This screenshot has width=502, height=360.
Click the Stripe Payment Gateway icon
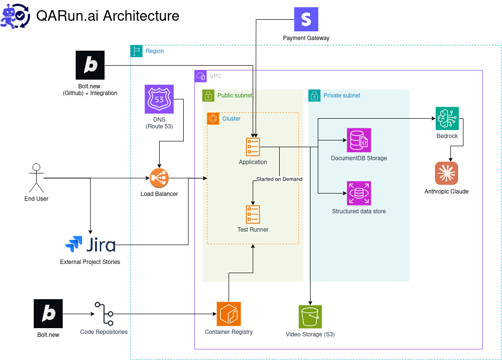coord(306,19)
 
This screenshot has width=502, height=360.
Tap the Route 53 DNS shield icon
coord(159,99)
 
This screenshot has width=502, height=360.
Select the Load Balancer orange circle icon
coord(159,179)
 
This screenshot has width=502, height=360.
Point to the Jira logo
coord(91,245)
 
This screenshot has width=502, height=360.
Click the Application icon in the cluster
coord(253,147)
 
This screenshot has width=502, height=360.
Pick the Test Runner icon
coord(253,214)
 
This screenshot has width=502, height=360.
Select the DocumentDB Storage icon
coord(359,140)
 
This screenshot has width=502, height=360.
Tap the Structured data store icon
coord(359,194)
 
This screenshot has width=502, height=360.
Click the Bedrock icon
coord(447,119)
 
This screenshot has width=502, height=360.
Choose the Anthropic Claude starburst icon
coord(446,174)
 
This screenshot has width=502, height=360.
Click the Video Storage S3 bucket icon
coord(310,317)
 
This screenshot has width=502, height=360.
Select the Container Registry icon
coord(229,314)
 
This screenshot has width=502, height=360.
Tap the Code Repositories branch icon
coord(104,314)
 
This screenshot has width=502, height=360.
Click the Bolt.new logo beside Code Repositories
coord(48,314)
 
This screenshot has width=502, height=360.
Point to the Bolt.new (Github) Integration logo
coord(90,65)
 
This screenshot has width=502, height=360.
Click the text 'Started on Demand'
coord(279,179)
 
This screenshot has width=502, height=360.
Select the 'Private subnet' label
coord(342,96)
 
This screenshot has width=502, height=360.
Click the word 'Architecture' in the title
coord(141,16)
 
